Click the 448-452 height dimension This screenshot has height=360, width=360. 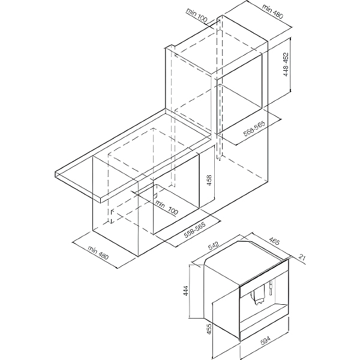point(286,65)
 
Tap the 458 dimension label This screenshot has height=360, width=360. point(209,181)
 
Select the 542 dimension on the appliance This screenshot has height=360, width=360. point(214,245)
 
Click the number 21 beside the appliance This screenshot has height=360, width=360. point(302,257)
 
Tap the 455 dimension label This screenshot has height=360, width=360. point(209,329)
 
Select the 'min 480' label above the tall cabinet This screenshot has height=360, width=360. point(273,12)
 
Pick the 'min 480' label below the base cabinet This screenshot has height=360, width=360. point(98,253)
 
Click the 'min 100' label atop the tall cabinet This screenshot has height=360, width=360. point(197,16)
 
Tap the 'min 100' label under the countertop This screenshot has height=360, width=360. point(166,207)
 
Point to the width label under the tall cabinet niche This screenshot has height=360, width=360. point(254,128)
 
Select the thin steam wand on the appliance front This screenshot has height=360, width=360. point(271,287)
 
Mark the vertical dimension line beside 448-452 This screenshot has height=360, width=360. point(290,64)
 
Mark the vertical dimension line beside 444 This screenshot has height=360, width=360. point(189,292)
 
